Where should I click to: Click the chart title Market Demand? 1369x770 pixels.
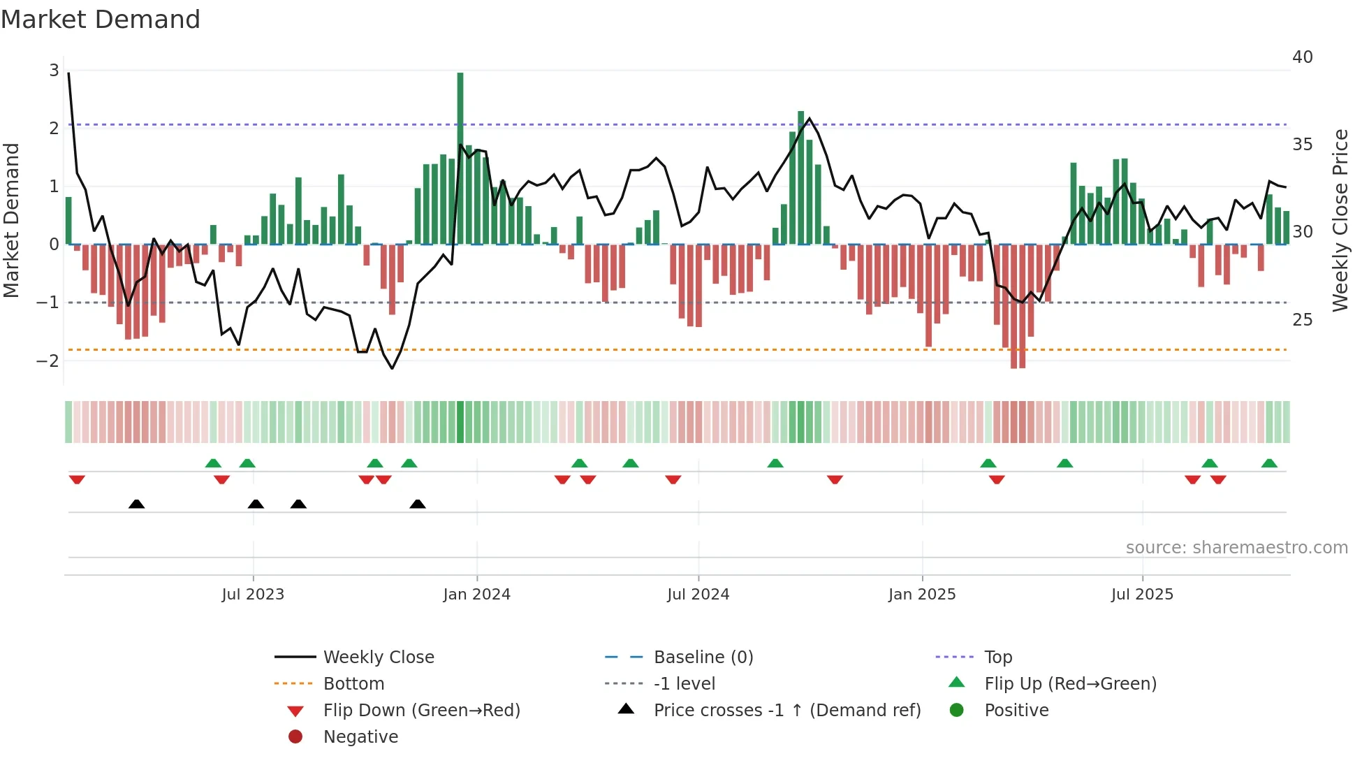pyautogui.click(x=101, y=20)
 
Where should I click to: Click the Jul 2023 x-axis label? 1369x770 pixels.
pyautogui.click(x=253, y=595)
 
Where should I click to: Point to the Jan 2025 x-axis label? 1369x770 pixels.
pyautogui.click(x=922, y=595)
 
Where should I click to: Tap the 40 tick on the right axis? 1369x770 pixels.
pyautogui.click(x=1302, y=57)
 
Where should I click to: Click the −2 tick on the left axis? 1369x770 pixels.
pyautogui.click(x=48, y=361)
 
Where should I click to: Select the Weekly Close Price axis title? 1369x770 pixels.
pyautogui.click(x=1340, y=220)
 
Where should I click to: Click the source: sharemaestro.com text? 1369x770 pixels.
pyautogui.click(x=1236, y=548)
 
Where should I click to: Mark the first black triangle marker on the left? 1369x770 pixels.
pyautogui.click(x=137, y=504)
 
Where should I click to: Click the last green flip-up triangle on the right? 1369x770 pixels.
pyautogui.click(x=1269, y=463)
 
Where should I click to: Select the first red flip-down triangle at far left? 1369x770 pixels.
pyautogui.click(x=77, y=479)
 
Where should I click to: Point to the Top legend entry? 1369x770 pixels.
pyautogui.click(x=998, y=658)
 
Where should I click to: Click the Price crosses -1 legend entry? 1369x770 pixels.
pyautogui.click(x=786, y=711)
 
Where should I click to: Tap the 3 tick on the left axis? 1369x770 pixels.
pyautogui.click(x=54, y=71)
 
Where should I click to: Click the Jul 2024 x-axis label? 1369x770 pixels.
pyautogui.click(x=698, y=595)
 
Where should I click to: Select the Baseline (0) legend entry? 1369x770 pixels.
pyautogui.click(x=703, y=658)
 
